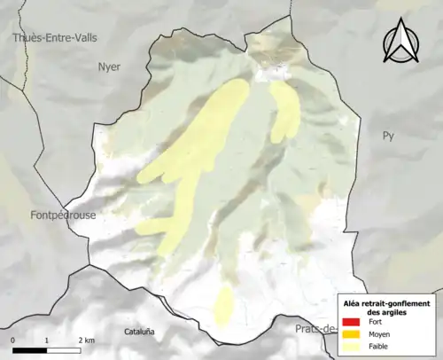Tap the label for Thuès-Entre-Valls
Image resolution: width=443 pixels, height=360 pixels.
point(55,37)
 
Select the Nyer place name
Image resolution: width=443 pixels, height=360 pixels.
point(109,67)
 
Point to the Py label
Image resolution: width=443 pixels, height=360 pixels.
point(387,136)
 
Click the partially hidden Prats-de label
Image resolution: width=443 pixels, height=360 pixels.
point(315,331)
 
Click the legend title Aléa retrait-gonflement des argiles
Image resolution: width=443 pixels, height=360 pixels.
point(386,309)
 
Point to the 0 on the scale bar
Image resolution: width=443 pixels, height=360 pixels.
point(13,340)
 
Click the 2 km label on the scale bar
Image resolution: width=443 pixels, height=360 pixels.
point(85,340)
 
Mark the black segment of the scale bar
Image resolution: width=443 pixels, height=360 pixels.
point(29,350)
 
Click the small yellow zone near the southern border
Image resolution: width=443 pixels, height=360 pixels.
point(223,303)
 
